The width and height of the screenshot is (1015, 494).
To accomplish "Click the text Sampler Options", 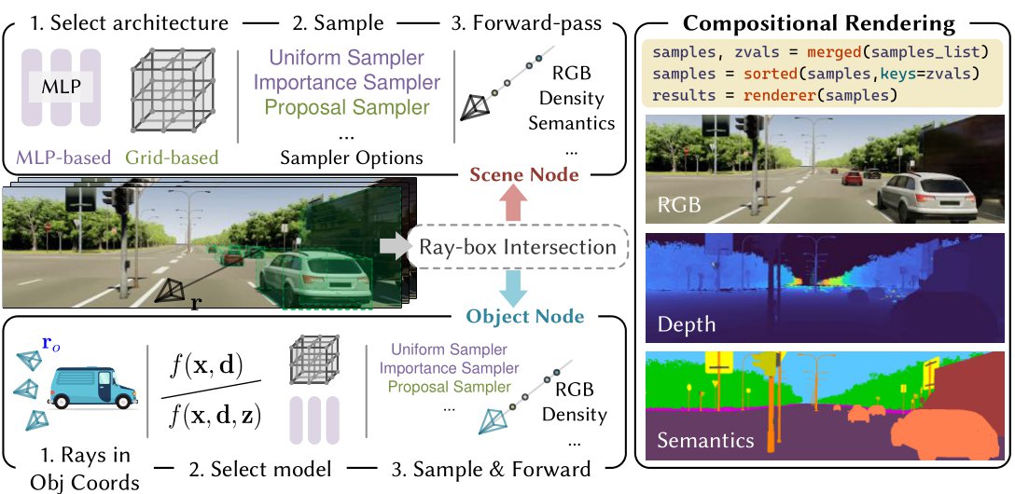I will point(351,158).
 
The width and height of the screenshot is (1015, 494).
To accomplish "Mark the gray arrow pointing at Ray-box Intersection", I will point(393,247).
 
